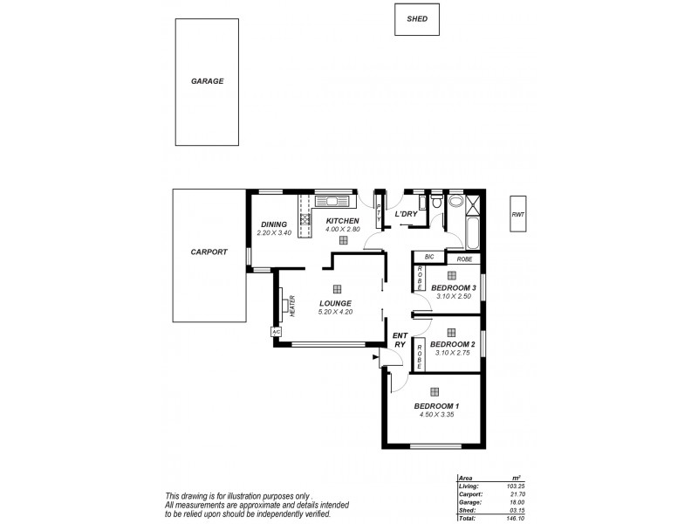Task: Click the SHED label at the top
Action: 416,18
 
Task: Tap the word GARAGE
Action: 208,81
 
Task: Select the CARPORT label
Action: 209,252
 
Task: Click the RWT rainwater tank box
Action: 519,213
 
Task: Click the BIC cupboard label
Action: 428,257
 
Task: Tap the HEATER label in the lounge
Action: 292,306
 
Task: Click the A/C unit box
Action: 276,332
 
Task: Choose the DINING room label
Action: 273,224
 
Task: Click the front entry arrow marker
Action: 375,357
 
